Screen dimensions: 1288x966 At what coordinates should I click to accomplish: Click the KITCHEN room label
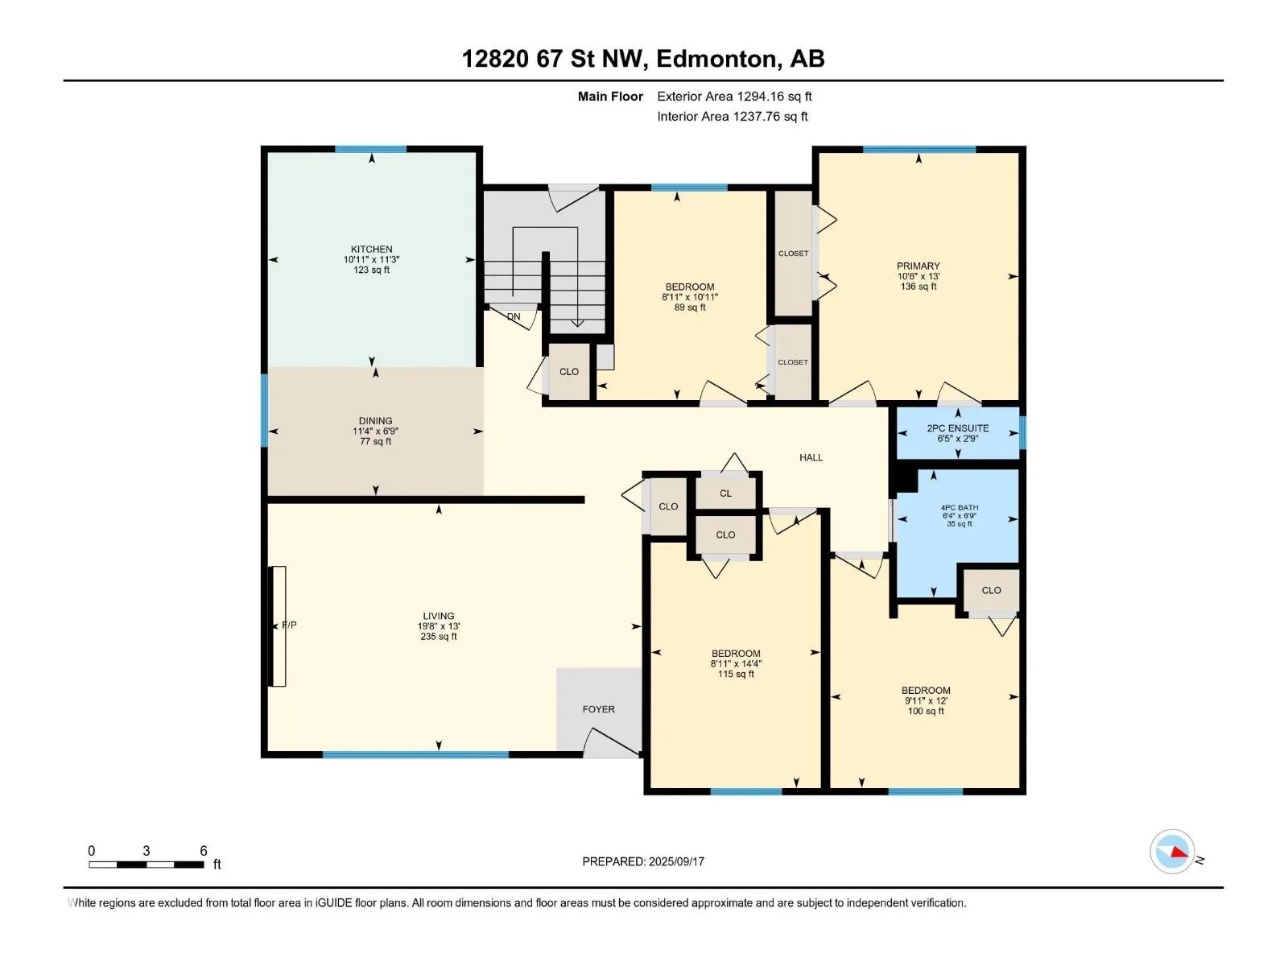[x=371, y=250]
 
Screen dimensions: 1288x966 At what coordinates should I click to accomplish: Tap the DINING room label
[x=376, y=421]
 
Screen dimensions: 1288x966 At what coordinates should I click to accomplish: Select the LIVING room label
[x=439, y=617]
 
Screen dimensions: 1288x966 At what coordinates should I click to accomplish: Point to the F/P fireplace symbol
[x=278, y=625]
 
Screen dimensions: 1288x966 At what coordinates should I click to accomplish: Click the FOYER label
[x=599, y=710]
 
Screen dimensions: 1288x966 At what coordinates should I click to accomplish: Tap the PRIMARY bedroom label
[x=919, y=266]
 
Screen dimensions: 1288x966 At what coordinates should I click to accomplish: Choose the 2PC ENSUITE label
[x=958, y=429]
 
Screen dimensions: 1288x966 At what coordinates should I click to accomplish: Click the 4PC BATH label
[x=960, y=508]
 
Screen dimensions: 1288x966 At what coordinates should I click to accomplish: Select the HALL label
[x=811, y=458]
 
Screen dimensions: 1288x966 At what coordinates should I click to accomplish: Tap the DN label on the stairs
[x=514, y=316]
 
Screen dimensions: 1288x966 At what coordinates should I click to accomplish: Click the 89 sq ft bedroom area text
[x=689, y=308]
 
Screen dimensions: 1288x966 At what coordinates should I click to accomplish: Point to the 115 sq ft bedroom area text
[x=736, y=675]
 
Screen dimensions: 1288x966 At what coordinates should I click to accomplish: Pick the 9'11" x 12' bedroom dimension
[x=926, y=701]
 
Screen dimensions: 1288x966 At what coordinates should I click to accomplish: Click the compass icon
[x=1172, y=852]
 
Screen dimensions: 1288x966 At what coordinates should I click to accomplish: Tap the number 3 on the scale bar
[x=147, y=851]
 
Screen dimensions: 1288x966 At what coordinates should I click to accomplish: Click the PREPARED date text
[x=643, y=861]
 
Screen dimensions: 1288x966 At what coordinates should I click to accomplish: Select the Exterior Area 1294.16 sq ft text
[x=734, y=97]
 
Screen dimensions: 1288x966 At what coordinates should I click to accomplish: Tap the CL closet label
[x=725, y=493]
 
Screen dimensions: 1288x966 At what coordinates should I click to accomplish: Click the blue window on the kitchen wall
[x=371, y=149]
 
